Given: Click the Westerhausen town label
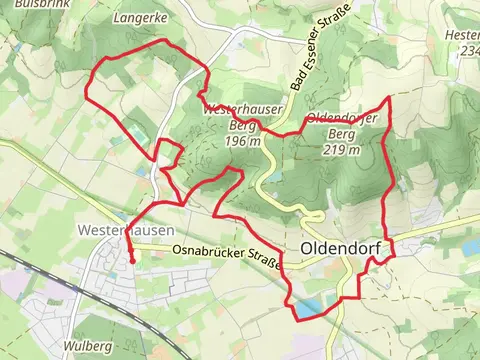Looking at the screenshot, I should pyautogui.click(x=111, y=229).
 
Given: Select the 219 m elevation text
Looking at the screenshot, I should pyautogui.click(x=342, y=150).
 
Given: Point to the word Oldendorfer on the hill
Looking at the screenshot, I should pyautogui.click(x=342, y=117).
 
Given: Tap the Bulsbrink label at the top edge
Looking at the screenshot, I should pyautogui.click(x=26, y=4).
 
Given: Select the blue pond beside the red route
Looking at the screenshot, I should pyautogui.click(x=309, y=309).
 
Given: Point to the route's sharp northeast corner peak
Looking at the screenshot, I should pyautogui.click(x=387, y=98).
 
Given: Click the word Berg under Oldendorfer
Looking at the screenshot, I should pyautogui.click(x=342, y=133).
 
